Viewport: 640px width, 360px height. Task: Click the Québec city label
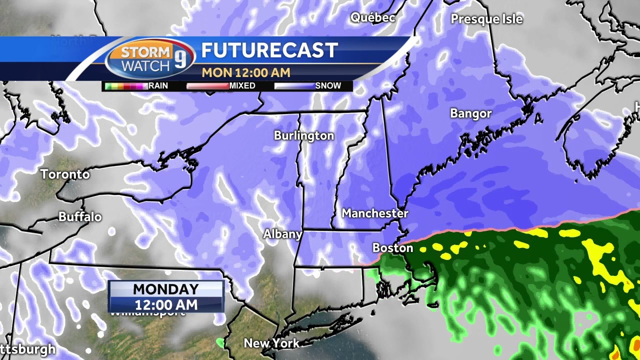coord(372,17)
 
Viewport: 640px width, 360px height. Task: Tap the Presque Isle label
coord(486,19)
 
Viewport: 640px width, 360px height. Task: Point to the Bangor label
coord(470,113)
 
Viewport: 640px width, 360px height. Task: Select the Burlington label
coord(303,135)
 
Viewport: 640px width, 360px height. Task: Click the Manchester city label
coord(375,213)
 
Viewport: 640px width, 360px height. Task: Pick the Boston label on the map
coord(392,248)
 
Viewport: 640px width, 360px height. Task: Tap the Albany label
coord(282,234)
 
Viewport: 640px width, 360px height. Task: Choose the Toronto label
coord(65,174)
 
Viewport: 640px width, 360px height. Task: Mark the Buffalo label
coord(80,217)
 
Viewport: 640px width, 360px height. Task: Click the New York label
coord(271,343)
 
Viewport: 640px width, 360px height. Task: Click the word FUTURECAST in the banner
coord(269,50)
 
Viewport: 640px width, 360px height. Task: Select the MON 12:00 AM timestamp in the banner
coord(245,72)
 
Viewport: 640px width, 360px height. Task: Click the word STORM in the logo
coord(145,52)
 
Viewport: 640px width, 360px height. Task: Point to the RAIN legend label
coord(158,86)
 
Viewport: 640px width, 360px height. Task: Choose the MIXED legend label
coord(242,86)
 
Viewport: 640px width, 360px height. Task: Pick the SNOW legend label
coord(328,86)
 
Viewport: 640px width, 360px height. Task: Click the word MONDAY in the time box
coord(165,289)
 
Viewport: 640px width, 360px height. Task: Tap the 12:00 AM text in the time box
coord(165,304)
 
